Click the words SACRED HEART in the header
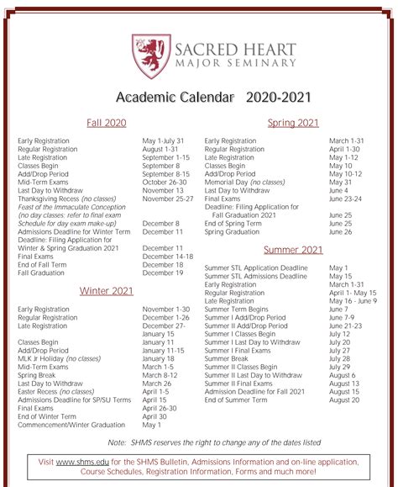[234, 45]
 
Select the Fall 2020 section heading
[107, 123]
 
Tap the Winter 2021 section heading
[107, 291]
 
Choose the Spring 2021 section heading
[293, 123]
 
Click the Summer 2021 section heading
[293, 250]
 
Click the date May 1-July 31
[163, 140]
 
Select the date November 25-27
[168, 199]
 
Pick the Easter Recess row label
[55, 392]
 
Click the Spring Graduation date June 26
[340, 232]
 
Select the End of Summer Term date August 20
[344, 400]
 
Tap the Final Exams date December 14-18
[167, 257]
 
